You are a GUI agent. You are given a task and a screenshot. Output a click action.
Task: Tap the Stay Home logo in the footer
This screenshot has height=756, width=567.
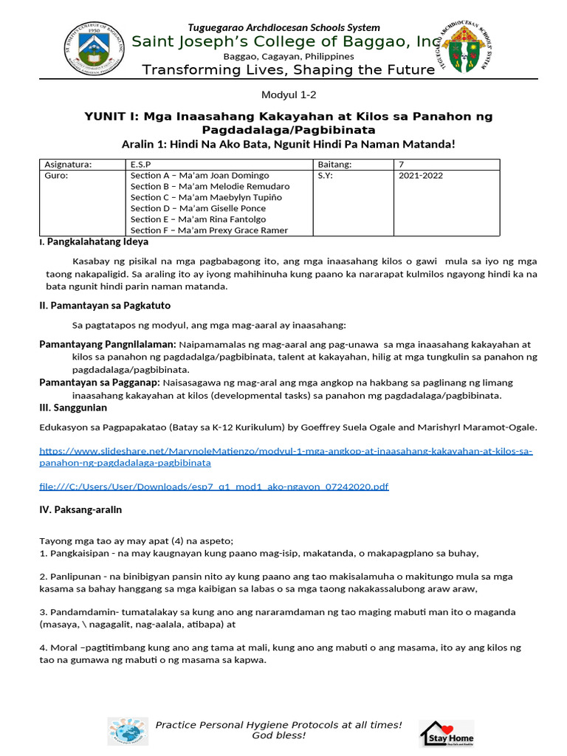(x=447, y=734)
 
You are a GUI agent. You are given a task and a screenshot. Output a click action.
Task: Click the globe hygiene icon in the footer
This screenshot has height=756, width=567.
(x=127, y=731)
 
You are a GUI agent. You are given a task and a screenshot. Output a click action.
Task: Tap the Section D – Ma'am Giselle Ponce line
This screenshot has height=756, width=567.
(x=197, y=208)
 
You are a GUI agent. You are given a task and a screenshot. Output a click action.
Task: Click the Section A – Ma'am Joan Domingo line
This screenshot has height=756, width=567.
(x=199, y=176)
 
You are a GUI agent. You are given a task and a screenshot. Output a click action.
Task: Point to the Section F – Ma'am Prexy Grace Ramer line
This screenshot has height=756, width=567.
(x=209, y=230)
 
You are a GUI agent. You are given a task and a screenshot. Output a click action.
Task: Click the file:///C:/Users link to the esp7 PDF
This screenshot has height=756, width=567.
(x=213, y=487)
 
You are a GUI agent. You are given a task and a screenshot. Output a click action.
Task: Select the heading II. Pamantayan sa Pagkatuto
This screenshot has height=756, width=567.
(x=105, y=306)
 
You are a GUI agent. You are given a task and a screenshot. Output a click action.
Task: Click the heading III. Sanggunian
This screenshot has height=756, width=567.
(x=73, y=408)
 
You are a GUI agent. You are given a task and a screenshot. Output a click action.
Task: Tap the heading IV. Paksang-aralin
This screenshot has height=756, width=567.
(x=80, y=509)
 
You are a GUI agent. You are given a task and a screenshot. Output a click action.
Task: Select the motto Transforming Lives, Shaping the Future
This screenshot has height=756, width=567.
(x=288, y=70)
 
